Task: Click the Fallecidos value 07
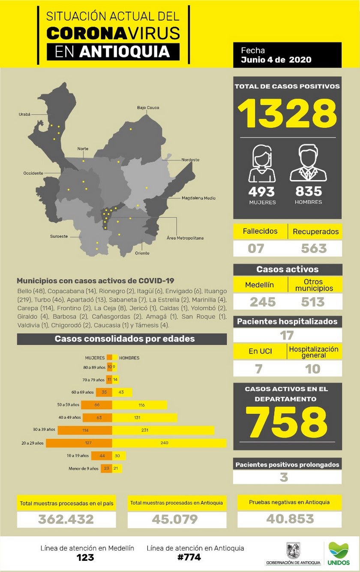256,248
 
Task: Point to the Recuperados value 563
314,248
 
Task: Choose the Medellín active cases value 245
262,302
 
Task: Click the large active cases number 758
288,421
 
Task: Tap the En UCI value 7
259,369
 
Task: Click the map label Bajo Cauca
148,108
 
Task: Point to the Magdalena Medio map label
198,198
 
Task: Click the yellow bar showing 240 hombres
169,443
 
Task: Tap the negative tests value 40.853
290,519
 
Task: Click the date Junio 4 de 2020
276,60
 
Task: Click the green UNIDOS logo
339,553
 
